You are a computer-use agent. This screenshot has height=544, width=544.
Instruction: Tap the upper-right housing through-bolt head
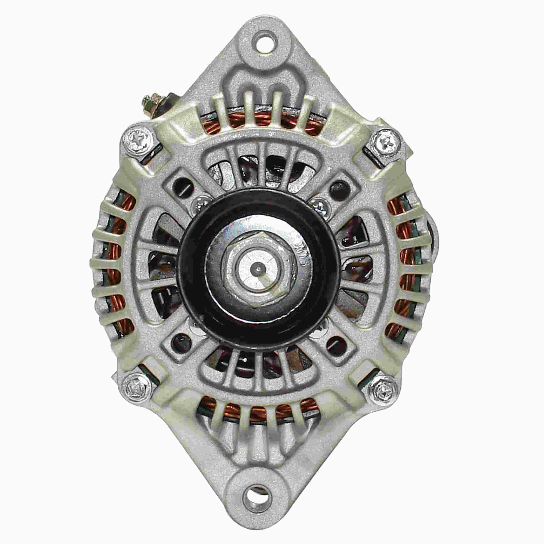coord(387,139)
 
